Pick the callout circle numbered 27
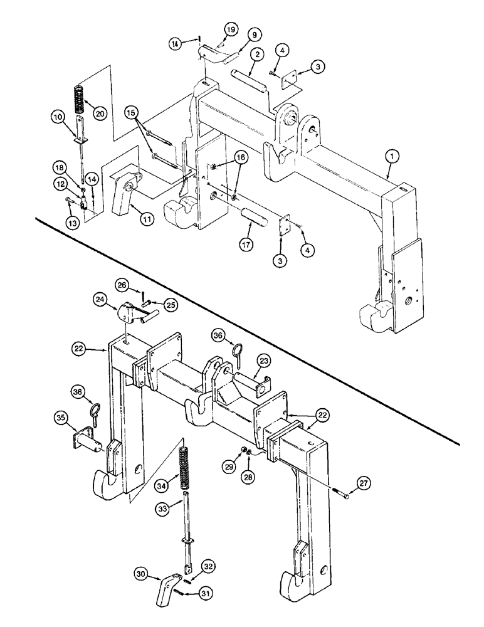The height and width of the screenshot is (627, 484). (365, 483)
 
